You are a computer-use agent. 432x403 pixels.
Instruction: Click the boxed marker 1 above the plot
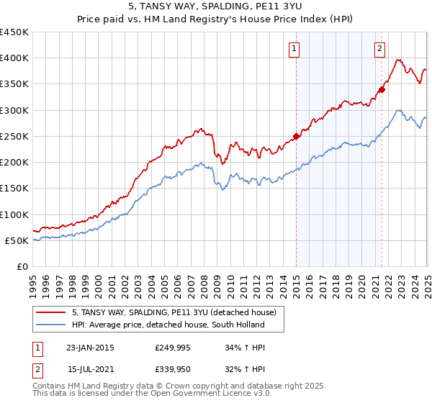(x=296, y=49)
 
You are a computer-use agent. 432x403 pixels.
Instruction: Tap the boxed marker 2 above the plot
(x=379, y=49)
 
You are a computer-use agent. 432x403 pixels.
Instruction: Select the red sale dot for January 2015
(x=296, y=136)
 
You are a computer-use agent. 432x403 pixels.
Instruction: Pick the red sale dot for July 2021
(x=382, y=89)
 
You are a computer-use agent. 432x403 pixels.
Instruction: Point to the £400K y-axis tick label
(x=14, y=58)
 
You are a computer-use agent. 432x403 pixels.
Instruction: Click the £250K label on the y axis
(x=14, y=136)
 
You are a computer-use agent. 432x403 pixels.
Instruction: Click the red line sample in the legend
(x=51, y=312)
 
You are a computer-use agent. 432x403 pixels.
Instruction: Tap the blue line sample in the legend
(x=51, y=325)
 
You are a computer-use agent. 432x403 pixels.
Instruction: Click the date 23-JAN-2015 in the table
(x=90, y=348)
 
